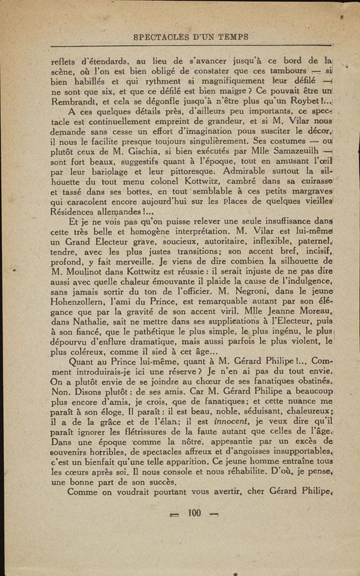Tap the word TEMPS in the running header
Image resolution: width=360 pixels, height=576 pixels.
click(230, 37)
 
